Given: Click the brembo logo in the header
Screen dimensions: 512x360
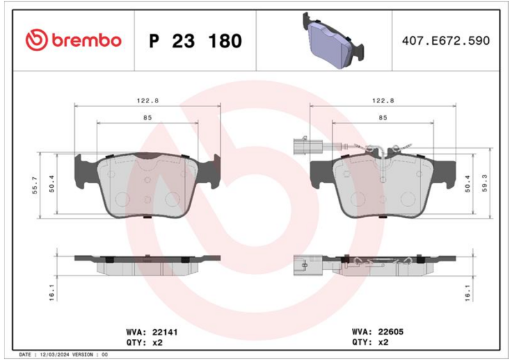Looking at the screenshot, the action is click(x=74, y=40).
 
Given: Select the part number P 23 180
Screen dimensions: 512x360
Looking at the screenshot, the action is click(x=195, y=41).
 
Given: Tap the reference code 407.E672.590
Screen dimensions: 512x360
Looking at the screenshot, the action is click(x=445, y=40).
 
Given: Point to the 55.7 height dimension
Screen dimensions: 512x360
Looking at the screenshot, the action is click(x=35, y=185).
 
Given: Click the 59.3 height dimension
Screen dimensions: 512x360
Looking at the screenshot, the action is click(x=484, y=183).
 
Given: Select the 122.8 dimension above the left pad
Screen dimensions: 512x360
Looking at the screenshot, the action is click(x=148, y=101).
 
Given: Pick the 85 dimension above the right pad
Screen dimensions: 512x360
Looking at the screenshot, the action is click(x=383, y=117).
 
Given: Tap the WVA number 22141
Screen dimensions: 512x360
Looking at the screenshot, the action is click(x=165, y=332).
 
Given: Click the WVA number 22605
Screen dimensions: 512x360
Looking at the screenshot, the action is click(x=391, y=332).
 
